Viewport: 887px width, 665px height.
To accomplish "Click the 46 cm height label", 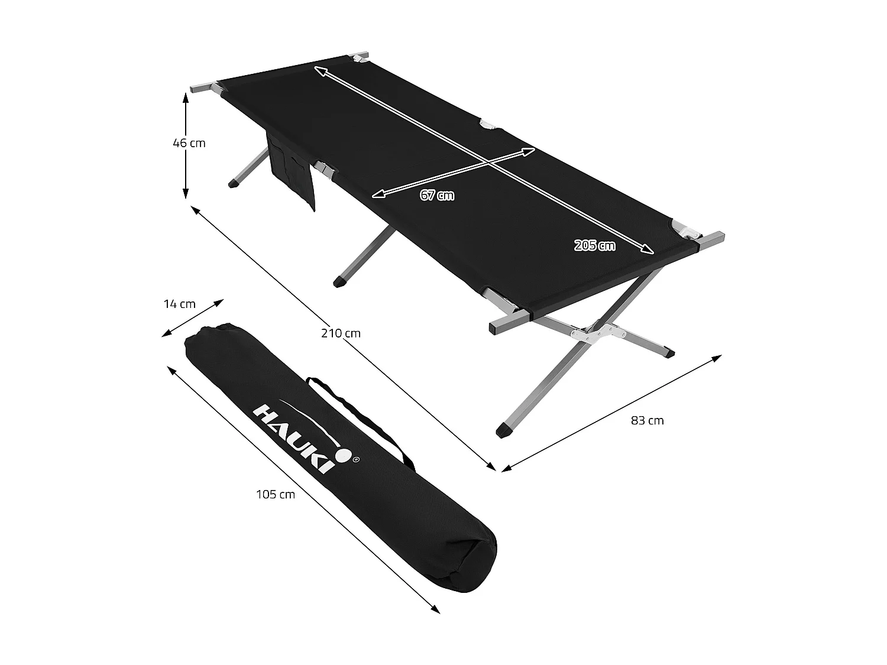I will click(189, 143).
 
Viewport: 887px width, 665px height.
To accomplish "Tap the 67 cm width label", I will click(438, 195).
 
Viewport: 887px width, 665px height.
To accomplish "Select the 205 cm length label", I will click(594, 245).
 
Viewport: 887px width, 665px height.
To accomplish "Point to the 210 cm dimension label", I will click(341, 333).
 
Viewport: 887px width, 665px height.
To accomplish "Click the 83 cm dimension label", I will click(648, 421).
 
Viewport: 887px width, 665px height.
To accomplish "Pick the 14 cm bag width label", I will click(179, 304).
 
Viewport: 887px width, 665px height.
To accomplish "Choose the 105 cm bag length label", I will click(276, 494).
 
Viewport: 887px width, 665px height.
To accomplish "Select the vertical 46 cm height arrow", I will click(186, 148).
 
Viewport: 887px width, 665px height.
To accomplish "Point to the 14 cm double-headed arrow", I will click(193, 318).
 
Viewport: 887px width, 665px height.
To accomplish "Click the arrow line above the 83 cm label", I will click(612, 413).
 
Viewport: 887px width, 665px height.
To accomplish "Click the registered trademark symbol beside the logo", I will click(355, 458).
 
